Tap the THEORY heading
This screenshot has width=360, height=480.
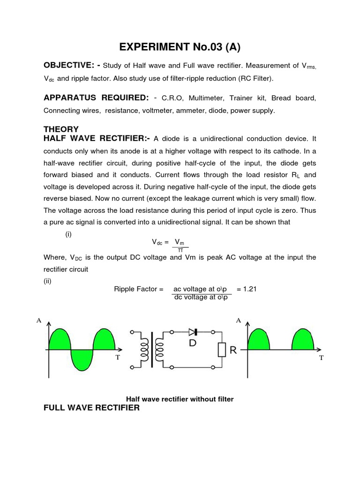click(61, 129)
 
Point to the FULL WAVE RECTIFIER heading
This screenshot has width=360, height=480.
click(91, 407)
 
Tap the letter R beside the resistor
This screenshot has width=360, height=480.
click(233, 350)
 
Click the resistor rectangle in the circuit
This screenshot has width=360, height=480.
click(221, 350)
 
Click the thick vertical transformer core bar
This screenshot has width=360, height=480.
click(151, 350)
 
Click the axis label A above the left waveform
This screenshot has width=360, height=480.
click(39, 320)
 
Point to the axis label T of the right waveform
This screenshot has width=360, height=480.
click(322, 358)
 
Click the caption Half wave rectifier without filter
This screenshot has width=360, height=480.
click(180, 399)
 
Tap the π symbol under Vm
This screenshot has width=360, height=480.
click(180, 250)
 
